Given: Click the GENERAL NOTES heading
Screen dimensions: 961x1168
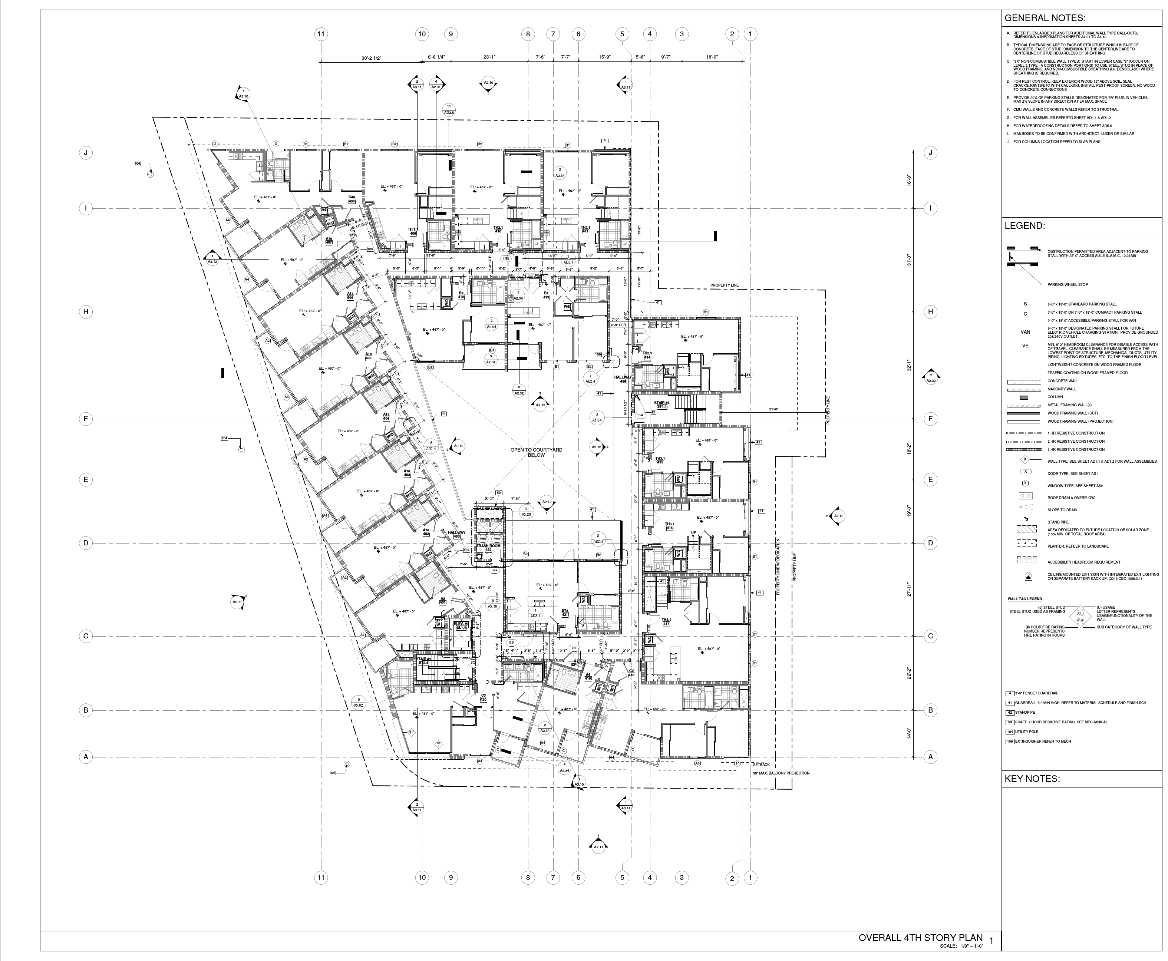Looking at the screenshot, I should coord(1045,18).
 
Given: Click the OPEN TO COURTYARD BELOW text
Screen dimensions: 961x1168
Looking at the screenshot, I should coord(536,452).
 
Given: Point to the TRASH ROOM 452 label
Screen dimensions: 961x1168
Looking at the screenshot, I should coord(488,548).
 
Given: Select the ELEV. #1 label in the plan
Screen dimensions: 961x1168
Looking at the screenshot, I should coord(461,625).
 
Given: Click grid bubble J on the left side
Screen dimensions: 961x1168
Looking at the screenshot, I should coord(86,153).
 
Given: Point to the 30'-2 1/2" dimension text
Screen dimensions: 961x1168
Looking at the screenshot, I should coord(372,57).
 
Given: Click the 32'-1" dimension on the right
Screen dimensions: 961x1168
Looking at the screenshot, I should coord(909,365).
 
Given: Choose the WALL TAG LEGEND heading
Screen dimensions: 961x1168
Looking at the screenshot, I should coord(1023,599).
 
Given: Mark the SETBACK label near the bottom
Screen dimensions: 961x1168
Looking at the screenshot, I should coord(761,764).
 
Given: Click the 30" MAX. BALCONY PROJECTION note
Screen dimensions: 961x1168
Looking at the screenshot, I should coord(781,773).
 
